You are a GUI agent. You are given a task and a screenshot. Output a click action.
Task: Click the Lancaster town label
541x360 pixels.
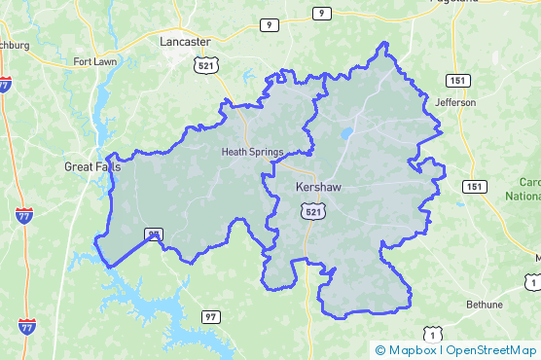click(x=185, y=42)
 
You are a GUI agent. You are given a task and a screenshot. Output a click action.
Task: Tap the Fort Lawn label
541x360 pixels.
click(x=94, y=62)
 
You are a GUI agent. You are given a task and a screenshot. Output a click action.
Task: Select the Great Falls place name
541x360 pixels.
click(x=92, y=166)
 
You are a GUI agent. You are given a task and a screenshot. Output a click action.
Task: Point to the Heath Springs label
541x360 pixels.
click(x=252, y=152)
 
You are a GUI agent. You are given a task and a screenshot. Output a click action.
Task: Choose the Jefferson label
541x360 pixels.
click(x=456, y=102)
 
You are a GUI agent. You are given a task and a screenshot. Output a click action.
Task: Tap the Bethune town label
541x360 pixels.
click(x=483, y=305)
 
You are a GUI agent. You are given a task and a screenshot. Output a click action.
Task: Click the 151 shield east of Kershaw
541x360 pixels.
click(x=474, y=186)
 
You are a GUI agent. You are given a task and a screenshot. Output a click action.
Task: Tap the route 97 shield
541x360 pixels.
click(x=211, y=317)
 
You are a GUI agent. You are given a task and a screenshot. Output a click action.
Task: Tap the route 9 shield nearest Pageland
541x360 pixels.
click(x=320, y=13)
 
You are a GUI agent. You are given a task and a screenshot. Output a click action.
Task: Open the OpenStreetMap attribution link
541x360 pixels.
click(x=491, y=350)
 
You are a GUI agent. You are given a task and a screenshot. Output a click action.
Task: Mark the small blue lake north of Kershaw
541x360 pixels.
click(x=345, y=133)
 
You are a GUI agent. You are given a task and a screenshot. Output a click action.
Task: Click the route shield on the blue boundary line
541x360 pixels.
click(x=153, y=234)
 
